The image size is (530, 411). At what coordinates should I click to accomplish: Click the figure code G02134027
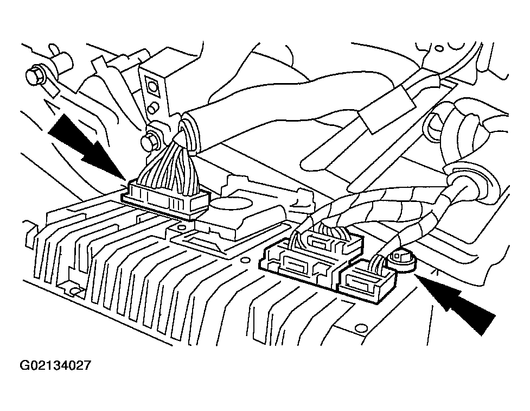[55, 366]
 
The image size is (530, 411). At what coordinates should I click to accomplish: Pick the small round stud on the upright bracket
[154, 108]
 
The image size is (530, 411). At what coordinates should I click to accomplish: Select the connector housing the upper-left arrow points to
[165, 200]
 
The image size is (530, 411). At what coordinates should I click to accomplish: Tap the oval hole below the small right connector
[361, 327]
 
